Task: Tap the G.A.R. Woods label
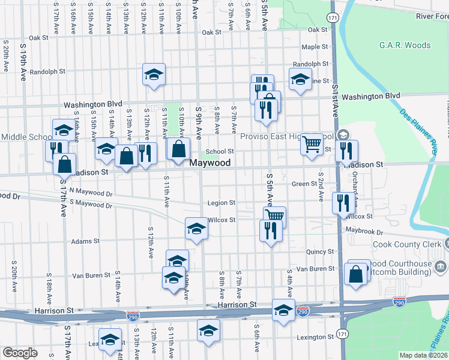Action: pyautogui.click(x=405, y=45)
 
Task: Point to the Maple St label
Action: pyautogui.click(x=315, y=47)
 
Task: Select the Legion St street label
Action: pyautogui.click(x=221, y=203)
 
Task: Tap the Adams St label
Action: pyautogui.click(x=85, y=241)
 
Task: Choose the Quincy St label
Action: pyautogui.click(x=319, y=252)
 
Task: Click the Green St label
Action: pyautogui.click(x=304, y=184)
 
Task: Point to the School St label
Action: pyautogui.click(x=220, y=152)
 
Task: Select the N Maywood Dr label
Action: pyautogui.click(x=91, y=193)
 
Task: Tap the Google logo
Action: pyautogui.click(x=20, y=353)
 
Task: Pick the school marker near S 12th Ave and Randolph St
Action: pyautogui.click(x=154, y=74)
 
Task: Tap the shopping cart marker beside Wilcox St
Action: pyautogui.click(x=274, y=215)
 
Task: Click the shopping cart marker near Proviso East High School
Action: pyautogui.click(x=312, y=143)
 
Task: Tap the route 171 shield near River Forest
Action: pyautogui.click(x=333, y=17)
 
